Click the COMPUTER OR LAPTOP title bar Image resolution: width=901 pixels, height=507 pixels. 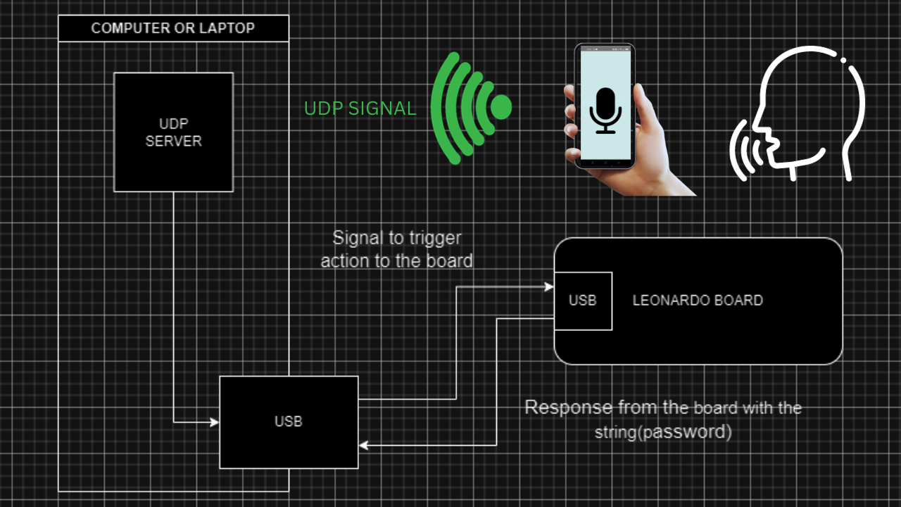[x=173, y=29]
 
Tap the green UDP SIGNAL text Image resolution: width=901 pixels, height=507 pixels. [x=360, y=108]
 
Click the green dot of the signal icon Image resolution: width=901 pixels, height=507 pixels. [x=500, y=107]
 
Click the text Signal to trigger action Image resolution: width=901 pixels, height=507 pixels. [x=396, y=249]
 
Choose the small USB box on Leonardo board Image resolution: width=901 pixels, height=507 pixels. [x=583, y=301]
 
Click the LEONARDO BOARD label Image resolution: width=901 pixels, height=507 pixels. [x=698, y=301]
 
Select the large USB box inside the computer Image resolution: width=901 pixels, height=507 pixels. [x=289, y=423]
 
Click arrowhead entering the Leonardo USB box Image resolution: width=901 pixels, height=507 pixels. [x=549, y=287]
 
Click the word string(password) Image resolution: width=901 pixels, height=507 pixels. [x=662, y=432]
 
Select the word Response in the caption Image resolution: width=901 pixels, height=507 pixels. [x=569, y=408]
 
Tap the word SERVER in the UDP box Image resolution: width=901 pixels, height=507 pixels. [x=173, y=141]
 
